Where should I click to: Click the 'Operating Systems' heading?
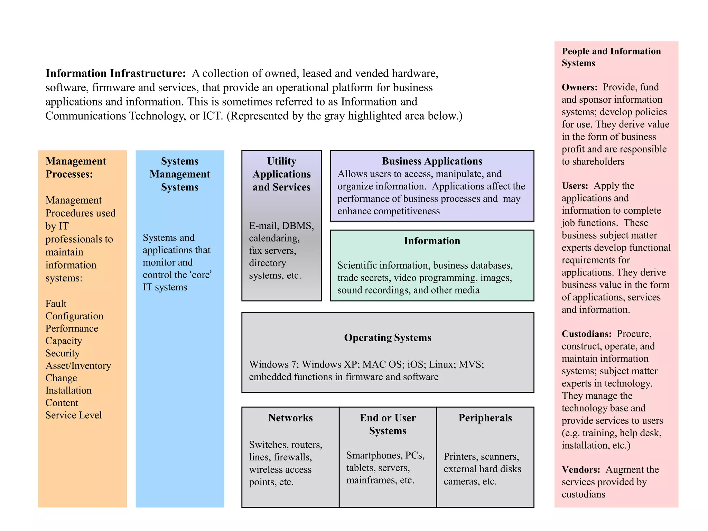(x=388, y=337)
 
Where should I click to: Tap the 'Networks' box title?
(x=290, y=418)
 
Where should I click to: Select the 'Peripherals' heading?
(x=485, y=418)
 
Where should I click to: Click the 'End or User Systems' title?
(x=388, y=424)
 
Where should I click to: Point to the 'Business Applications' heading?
(x=432, y=161)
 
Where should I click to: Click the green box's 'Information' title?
(x=432, y=241)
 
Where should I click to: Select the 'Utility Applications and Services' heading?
(x=281, y=174)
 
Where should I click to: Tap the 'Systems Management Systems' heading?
(x=180, y=174)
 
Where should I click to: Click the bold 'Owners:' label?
(x=579, y=87)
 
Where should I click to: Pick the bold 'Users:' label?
(x=575, y=186)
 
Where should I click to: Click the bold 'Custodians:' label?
(x=586, y=334)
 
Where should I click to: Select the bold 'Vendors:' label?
(x=581, y=470)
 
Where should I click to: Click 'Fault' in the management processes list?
(x=56, y=304)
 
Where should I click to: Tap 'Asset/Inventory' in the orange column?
(x=78, y=365)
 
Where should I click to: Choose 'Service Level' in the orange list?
(x=74, y=415)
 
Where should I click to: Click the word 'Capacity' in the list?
(x=64, y=341)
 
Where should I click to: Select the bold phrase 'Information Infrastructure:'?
(x=116, y=73)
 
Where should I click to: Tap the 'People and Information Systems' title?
(x=611, y=57)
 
